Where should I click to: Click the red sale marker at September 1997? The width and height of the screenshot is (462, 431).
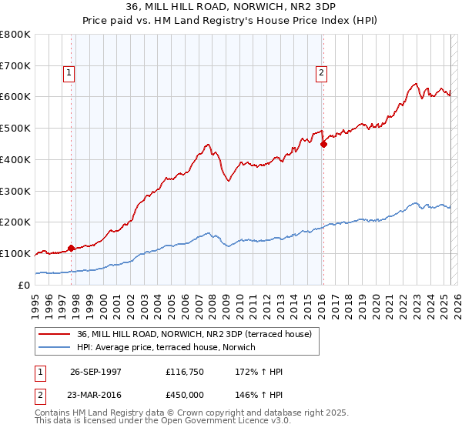(x=72, y=248)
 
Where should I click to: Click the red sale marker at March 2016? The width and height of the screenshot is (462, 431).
(x=323, y=143)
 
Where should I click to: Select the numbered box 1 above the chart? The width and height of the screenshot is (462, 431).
(x=69, y=73)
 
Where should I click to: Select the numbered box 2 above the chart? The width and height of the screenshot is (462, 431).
(x=321, y=73)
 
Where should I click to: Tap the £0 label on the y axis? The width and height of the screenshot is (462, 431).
(x=25, y=285)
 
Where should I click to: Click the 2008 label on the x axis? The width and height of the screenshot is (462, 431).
(x=212, y=302)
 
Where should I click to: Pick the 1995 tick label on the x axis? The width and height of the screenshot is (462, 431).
(x=35, y=302)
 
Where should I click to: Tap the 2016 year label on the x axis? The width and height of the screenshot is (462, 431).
(x=321, y=302)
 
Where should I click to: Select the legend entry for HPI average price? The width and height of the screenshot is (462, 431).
(x=170, y=347)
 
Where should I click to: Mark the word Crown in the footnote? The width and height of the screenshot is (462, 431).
(x=199, y=413)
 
